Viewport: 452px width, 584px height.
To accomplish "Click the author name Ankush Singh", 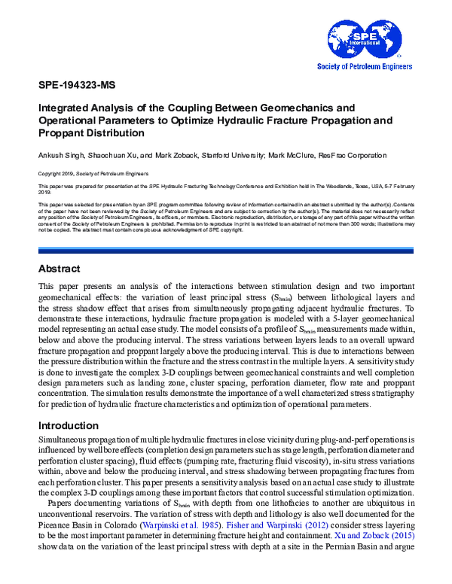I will coord(61,154).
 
